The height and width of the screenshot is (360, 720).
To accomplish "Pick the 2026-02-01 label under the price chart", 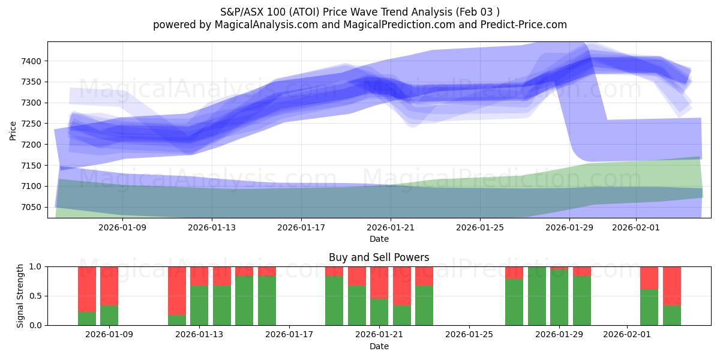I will pyautogui.click(x=635, y=228).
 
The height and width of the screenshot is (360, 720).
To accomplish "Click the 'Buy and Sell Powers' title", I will pyautogui.click(x=379, y=257).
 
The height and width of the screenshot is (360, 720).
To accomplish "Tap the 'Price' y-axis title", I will pyautogui.click(x=13, y=130).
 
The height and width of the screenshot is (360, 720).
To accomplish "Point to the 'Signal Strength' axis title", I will pyautogui.click(x=20, y=296).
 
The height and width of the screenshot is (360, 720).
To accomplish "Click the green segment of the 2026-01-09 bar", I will pyautogui.click(x=109, y=315).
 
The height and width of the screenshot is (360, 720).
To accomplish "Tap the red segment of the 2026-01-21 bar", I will pyautogui.click(x=379, y=282).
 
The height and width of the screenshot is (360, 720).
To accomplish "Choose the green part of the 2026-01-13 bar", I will pyautogui.click(x=199, y=305).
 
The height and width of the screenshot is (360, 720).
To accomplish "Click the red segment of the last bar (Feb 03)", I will pyautogui.click(x=672, y=286).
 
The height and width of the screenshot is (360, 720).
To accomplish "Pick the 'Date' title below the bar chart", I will pyautogui.click(x=379, y=346).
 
